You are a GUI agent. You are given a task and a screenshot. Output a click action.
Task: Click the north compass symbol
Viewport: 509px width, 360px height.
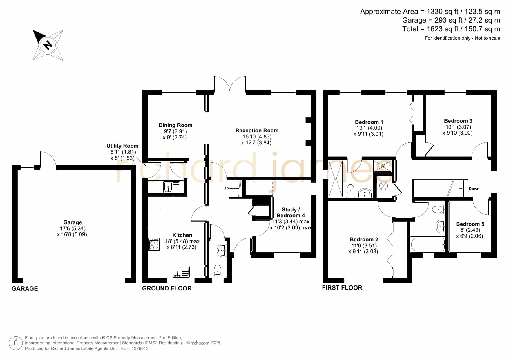coord(48,45)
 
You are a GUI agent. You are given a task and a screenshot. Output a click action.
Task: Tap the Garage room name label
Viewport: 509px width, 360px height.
coord(73,222)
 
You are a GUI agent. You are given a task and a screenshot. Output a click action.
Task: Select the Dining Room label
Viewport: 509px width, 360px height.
coord(175,125)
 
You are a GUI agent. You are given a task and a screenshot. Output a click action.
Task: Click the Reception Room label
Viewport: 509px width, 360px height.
coord(257,131)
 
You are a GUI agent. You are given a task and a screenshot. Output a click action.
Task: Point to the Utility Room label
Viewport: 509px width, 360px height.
coord(122,146)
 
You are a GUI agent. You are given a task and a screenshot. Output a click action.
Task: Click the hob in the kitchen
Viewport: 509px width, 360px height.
coord(154,244)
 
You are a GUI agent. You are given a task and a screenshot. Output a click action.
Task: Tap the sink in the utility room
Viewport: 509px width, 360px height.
coord(172,187)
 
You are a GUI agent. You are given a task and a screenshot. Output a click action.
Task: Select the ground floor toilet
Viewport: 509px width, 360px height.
coord(218,271)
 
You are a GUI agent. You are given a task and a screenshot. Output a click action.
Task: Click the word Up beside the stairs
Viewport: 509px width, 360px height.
coord(226,188)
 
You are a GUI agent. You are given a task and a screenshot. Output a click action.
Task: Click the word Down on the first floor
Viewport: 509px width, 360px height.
coord(474,189)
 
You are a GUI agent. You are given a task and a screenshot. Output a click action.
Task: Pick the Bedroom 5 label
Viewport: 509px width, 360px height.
coord(470,224)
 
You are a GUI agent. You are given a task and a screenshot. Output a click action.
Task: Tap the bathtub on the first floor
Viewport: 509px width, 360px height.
coord(428,245)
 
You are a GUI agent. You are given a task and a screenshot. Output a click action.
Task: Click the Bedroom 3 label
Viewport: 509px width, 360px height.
coord(458,121)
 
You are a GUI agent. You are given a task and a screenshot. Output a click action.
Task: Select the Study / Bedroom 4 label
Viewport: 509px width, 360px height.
coord(291,213)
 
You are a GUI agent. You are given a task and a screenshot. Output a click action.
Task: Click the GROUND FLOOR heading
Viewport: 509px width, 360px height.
coord(167,288)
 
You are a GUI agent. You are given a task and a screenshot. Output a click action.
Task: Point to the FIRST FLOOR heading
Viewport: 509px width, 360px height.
coord(342,288)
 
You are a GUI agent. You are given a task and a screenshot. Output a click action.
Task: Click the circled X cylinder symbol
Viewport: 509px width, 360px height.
coord(383,186)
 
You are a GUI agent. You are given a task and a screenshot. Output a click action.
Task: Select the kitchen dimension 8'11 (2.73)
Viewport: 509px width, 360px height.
coord(182,247)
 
